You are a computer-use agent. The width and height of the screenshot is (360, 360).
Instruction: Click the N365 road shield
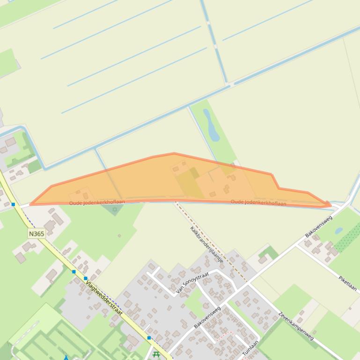(37, 233)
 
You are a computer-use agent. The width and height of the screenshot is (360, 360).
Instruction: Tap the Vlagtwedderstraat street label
(104, 298)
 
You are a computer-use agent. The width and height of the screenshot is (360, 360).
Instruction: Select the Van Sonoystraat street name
(192, 283)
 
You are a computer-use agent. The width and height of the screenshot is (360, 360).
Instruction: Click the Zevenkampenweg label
(296, 326)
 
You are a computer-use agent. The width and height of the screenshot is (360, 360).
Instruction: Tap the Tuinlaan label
(250, 349)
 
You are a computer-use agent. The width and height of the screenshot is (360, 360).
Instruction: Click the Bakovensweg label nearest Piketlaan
(319, 226)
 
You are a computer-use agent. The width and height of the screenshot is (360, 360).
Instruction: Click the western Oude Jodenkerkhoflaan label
(97, 202)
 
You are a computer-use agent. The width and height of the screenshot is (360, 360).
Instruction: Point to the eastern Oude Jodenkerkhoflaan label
(258, 202)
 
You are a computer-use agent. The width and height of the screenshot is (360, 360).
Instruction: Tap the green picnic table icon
(156, 355)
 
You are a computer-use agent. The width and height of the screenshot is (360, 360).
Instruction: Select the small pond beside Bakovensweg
(338, 230)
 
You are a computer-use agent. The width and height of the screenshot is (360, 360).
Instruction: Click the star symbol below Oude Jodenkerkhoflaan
(115, 209)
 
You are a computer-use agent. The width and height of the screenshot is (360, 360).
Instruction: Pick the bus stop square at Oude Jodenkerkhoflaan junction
(13, 204)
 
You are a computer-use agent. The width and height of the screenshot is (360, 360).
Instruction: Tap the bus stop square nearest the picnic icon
(149, 338)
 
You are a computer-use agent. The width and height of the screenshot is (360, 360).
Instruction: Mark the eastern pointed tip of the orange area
(331, 205)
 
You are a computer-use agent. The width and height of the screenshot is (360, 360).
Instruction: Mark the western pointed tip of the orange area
(30, 204)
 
